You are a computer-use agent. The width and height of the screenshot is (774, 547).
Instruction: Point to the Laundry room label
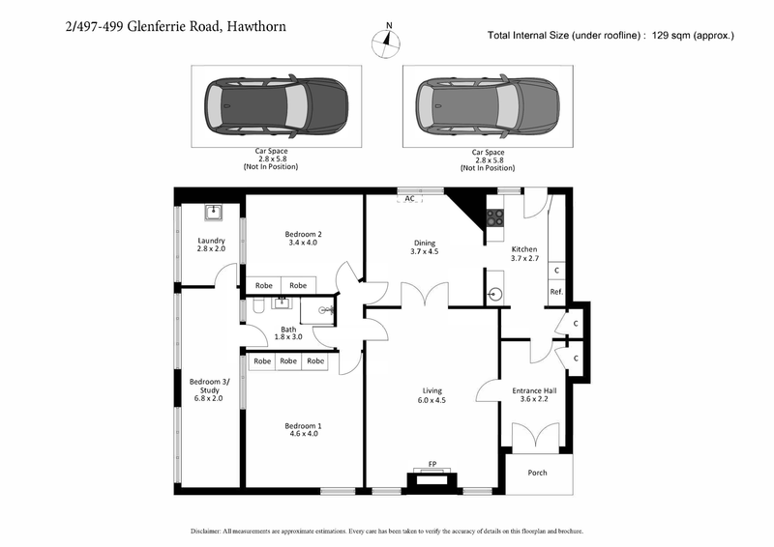211,245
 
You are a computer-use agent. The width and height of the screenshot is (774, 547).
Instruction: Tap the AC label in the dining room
409,198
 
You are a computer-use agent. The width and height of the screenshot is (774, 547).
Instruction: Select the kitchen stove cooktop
494,219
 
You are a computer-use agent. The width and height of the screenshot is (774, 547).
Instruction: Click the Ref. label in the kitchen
556,292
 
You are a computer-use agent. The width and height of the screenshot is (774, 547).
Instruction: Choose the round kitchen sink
495,292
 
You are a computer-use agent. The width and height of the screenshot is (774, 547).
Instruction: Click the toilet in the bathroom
258,306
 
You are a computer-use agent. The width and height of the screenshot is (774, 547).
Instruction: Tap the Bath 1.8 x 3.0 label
288,332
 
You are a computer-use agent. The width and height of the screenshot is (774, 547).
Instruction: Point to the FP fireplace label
432,465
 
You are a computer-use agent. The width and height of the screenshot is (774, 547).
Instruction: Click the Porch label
537,473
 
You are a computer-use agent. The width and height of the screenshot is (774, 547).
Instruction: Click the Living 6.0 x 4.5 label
431,395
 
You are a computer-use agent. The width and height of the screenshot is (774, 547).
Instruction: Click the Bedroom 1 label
303,429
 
